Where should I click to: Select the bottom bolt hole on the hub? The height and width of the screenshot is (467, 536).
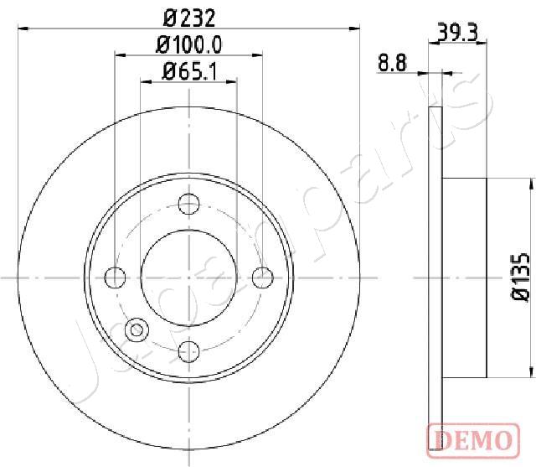click(189, 350)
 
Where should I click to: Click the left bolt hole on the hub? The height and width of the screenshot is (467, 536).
click(116, 276)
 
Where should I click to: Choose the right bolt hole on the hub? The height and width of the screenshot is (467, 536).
click(263, 276)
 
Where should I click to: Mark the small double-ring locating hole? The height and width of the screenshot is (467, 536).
click(134, 330)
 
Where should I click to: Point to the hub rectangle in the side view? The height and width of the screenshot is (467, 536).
click(463, 276)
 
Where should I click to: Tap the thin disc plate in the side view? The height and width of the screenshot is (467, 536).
click(434, 276)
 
